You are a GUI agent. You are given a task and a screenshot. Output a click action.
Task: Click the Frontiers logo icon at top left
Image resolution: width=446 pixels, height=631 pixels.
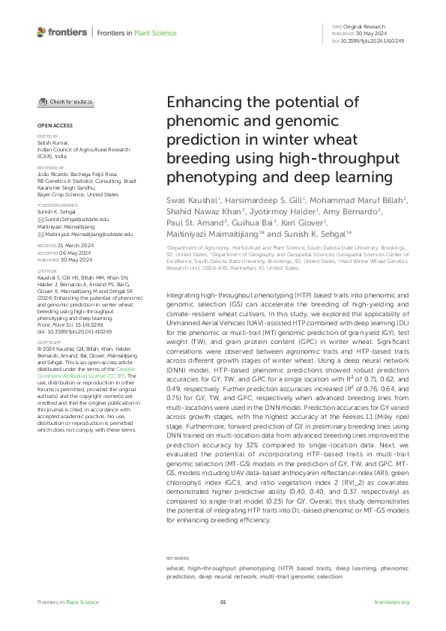tap(40, 32)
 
